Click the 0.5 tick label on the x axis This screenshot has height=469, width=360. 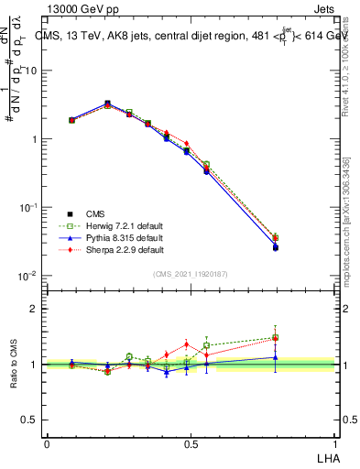pyautogui.click(x=191, y=442)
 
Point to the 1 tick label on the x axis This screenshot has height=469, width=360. pyautogui.click(x=335, y=442)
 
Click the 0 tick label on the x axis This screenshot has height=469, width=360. pyautogui.click(x=47, y=442)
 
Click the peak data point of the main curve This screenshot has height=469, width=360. pyautogui.click(x=108, y=104)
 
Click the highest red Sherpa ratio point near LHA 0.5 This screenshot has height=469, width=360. pyautogui.click(x=187, y=344)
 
